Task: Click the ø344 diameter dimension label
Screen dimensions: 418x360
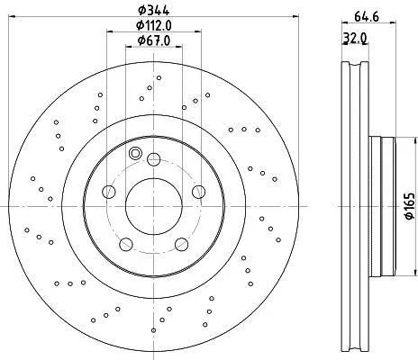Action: (153, 10)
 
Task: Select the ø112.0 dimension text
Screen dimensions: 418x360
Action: (154, 25)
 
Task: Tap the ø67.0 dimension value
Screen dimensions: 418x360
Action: (154, 40)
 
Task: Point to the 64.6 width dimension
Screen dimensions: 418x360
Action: (366, 16)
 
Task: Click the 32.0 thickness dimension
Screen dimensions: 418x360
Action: (355, 38)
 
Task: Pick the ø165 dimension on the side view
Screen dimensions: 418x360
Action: (411, 206)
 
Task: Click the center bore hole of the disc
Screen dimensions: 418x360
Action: (154, 207)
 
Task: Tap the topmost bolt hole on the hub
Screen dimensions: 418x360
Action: (153, 159)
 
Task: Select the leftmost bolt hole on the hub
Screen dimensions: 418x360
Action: (109, 192)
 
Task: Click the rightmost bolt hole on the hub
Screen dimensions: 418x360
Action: (198, 192)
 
